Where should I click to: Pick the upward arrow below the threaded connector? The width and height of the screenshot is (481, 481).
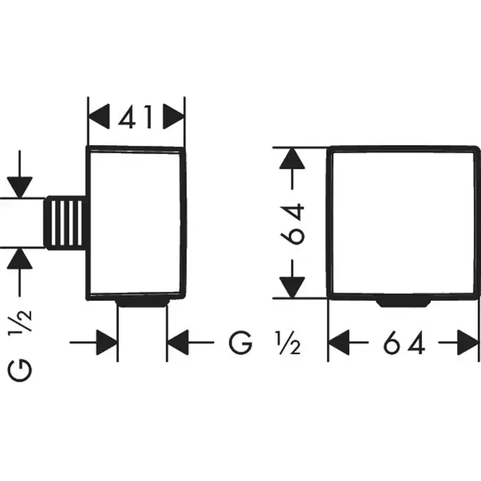click(20, 260)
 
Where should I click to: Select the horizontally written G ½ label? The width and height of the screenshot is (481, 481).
click(265, 342)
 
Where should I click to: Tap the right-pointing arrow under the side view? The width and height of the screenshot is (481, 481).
click(105, 342)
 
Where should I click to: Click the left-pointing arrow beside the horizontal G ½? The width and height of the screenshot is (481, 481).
click(179, 342)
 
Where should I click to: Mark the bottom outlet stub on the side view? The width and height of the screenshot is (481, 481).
click(143, 302)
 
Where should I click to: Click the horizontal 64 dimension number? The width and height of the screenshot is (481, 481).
click(403, 342)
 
